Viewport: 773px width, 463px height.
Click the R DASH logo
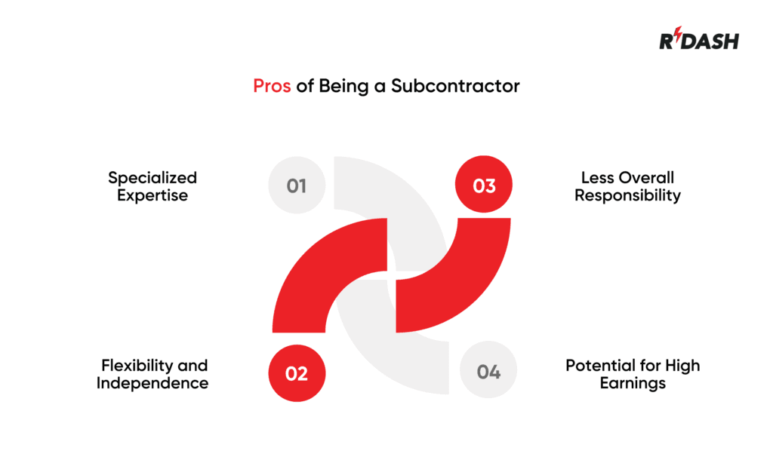(x=698, y=40)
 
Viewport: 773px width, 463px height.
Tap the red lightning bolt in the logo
(x=676, y=38)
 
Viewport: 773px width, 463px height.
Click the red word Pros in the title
(x=272, y=86)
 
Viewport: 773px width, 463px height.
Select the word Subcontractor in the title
(x=455, y=86)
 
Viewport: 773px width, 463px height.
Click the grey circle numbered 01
(x=297, y=186)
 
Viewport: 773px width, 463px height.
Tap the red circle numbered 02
(x=297, y=373)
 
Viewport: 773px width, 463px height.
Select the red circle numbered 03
(x=484, y=186)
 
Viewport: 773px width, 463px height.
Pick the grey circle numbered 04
(x=488, y=372)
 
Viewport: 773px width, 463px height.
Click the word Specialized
(x=152, y=178)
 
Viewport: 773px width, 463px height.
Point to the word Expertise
(x=152, y=196)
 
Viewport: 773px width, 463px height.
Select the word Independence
(x=152, y=384)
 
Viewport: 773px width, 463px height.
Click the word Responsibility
(x=627, y=196)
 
